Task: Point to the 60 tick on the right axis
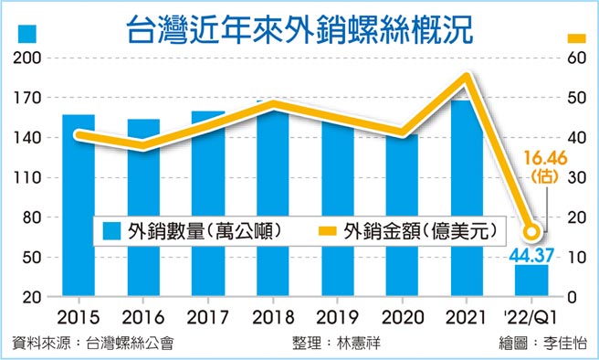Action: (574, 58)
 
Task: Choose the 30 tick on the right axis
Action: (574, 177)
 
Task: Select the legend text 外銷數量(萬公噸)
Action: (202, 230)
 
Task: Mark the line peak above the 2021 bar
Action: (468, 78)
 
